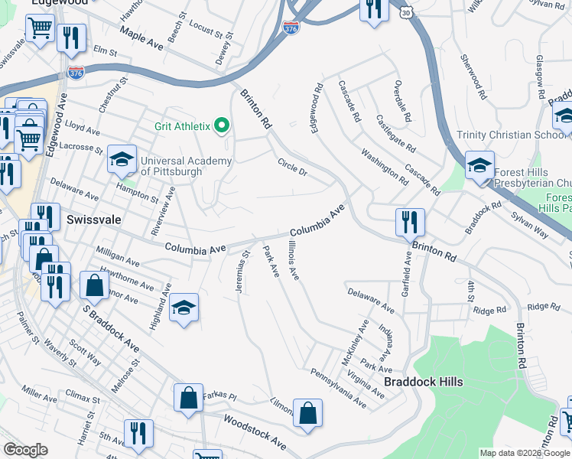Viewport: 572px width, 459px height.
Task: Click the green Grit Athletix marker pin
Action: pos(223,125)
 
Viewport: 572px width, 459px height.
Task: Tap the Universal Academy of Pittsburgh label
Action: pos(176,166)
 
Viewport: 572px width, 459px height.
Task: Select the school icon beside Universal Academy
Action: pos(122,159)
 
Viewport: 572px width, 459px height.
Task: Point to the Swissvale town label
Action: pos(93,219)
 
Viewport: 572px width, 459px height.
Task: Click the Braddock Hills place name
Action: pos(424,382)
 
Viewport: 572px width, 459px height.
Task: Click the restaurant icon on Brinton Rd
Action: pos(410,222)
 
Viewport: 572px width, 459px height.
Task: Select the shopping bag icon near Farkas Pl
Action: pos(188,398)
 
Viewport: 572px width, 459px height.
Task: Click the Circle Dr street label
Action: pos(292,166)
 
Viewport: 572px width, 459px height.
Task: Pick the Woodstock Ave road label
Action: pos(255,433)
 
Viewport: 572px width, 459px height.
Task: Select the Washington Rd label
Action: pos(384,165)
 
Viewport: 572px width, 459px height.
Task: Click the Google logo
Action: pos(25,450)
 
